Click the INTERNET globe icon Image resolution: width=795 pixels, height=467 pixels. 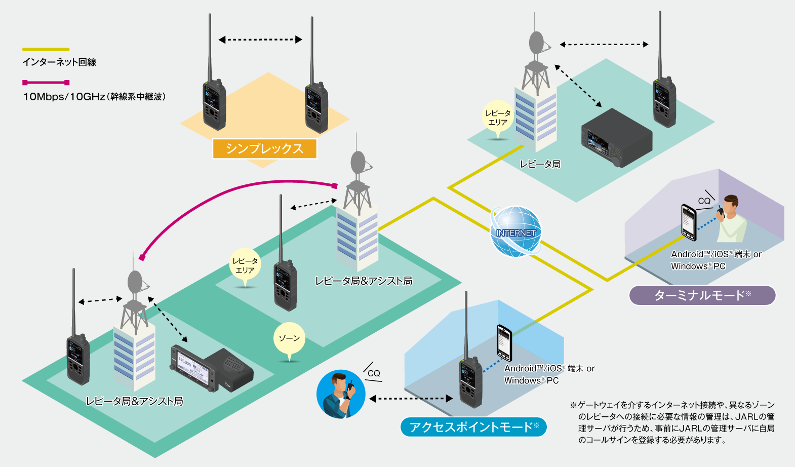pos(515,231)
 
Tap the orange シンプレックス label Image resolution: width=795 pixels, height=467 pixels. pos(264,148)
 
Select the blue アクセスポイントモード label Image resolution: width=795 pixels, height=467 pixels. pos(473,427)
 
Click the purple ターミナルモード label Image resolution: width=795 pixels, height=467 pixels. pos(702,295)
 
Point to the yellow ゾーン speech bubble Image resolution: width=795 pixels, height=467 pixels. pos(289,339)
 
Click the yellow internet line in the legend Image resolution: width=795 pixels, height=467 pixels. pos(46,50)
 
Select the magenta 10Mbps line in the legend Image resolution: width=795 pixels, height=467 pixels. pos(46,83)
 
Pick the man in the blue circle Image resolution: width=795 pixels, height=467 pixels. pos(341,394)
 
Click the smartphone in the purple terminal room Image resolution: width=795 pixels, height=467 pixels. pos(689,222)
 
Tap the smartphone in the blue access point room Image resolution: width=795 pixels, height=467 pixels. pos(504,343)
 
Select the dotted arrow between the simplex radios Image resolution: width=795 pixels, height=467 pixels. pos(260,40)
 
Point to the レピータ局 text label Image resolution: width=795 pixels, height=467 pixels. pos(540,164)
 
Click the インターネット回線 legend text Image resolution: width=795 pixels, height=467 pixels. pos(59,62)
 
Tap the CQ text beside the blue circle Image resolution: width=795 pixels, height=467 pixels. pos(374,373)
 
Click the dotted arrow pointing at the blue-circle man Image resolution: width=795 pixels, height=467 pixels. pos(411,399)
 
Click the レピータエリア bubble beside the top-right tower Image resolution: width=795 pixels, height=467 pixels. pos(498,118)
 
